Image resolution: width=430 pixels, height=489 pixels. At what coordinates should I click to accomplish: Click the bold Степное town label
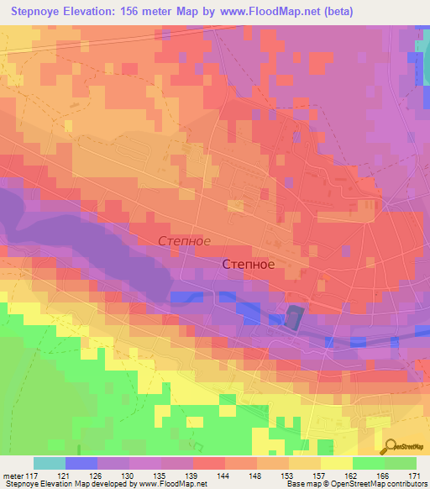click(248, 264)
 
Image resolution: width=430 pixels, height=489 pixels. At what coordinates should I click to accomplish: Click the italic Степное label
click(184, 241)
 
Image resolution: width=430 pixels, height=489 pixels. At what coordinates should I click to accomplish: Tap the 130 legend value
click(130, 475)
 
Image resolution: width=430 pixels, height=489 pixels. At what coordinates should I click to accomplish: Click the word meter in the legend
click(12, 475)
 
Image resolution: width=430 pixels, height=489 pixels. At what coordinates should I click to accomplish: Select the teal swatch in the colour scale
click(49, 463)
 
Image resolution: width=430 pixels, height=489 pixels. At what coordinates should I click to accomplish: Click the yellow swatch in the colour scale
click(336, 463)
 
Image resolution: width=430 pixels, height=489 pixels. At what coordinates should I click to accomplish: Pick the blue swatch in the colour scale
click(81, 463)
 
